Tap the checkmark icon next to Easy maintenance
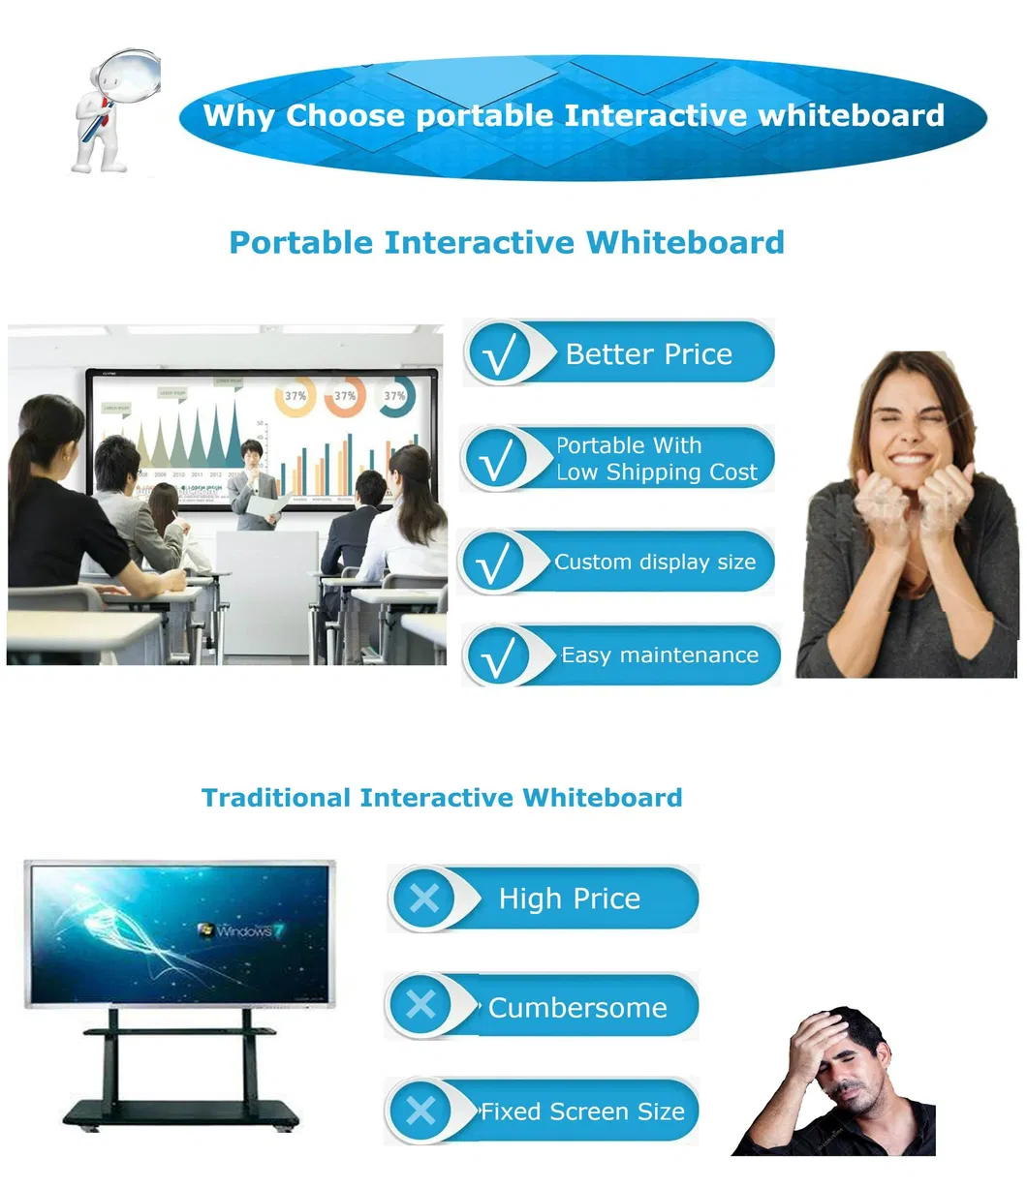[x=498, y=656]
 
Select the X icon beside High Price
[x=424, y=899]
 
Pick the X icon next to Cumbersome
[x=421, y=1005]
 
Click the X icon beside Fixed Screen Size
[x=421, y=1111]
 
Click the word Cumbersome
[x=577, y=1008]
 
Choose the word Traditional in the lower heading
[x=275, y=798]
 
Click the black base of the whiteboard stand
[x=180, y=1114]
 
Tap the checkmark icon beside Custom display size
[x=494, y=563]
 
